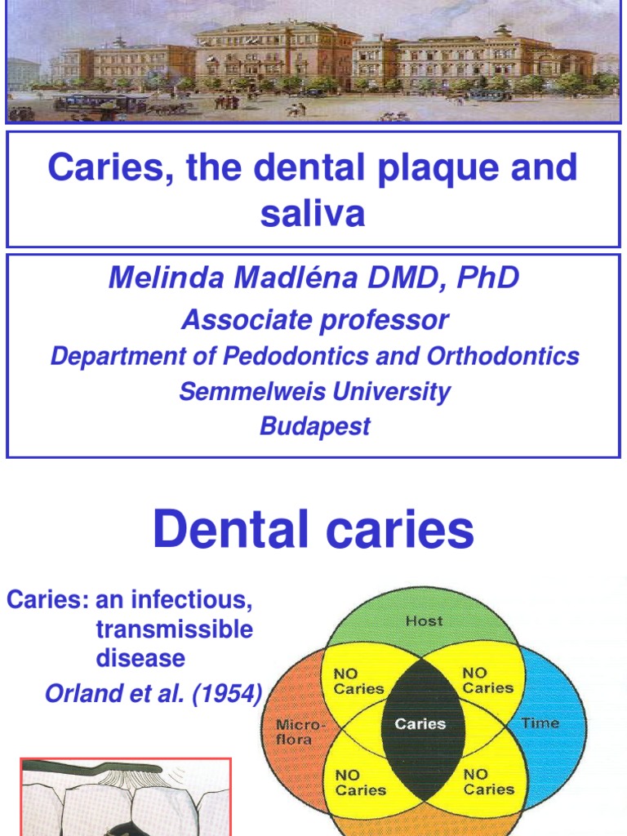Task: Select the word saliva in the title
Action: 313,213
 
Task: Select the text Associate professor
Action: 314,320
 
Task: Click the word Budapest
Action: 314,426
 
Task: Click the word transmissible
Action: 174,629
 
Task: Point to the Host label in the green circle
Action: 424,621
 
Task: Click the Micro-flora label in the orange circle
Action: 294,732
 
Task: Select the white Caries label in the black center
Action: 420,724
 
